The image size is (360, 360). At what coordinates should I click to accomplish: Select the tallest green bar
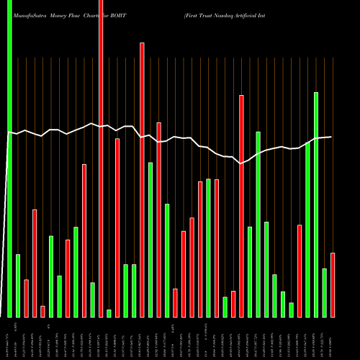point(10,158)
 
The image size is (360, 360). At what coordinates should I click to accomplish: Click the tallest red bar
point(101,158)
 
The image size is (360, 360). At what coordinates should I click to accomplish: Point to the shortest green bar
point(109,313)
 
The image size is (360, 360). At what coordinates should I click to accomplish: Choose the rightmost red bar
point(333,285)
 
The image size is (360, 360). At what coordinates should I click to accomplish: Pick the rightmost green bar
point(324,292)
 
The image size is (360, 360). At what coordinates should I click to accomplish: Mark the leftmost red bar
point(26,298)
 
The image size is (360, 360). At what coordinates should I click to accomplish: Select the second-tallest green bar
point(316,204)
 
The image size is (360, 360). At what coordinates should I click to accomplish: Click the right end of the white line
point(331,137)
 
